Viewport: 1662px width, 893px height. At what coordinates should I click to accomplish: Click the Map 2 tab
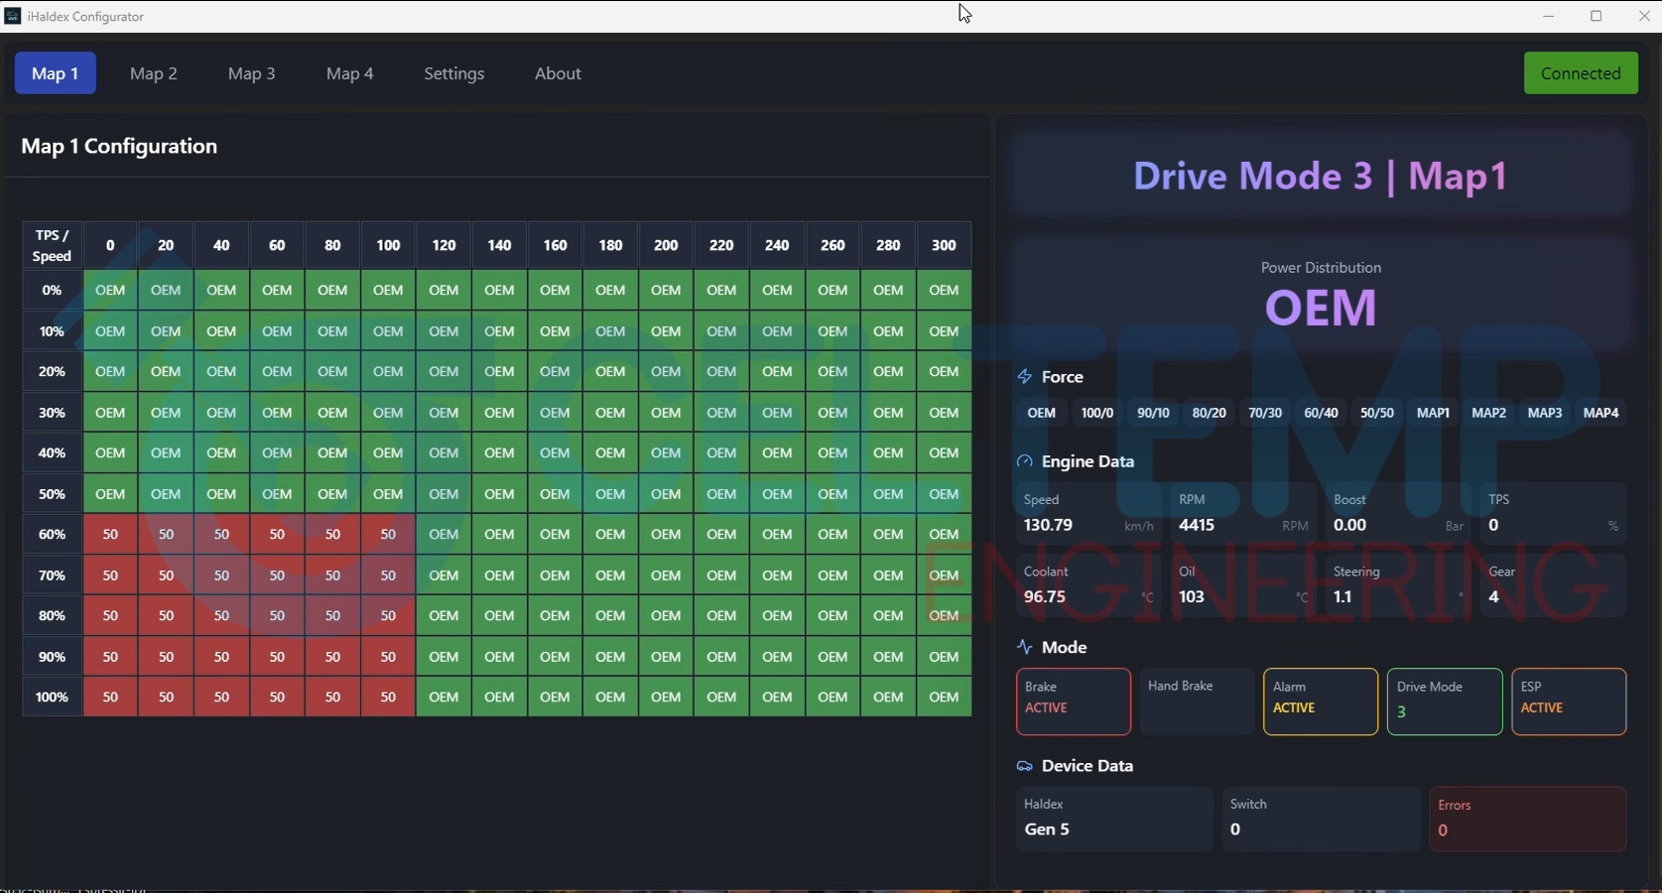[154, 73]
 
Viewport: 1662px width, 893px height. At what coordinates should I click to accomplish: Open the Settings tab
[454, 73]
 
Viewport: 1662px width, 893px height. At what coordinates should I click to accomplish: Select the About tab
[558, 73]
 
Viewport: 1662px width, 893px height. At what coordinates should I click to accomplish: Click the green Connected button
[1581, 72]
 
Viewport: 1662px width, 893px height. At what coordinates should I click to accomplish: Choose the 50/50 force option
[1376, 413]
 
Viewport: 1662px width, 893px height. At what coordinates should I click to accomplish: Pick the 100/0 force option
[1096, 413]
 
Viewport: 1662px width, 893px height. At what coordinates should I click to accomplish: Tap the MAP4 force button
[1600, 413]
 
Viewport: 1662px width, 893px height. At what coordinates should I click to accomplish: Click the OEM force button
[1041, 413]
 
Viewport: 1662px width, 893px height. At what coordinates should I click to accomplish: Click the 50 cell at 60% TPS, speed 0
[110, 535]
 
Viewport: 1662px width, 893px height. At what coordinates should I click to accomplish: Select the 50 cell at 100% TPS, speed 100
[388, 698]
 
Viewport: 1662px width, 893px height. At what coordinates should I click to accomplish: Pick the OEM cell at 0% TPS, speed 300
[944, 290]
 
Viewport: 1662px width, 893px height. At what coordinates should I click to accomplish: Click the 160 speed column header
[555, 245]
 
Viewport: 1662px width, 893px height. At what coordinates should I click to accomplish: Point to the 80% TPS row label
[52, 615]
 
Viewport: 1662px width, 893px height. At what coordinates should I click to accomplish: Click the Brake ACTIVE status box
[1073, 702]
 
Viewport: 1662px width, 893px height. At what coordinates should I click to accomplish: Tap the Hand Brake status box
[1197, 702]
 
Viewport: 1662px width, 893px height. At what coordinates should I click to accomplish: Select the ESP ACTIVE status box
[1569, 702]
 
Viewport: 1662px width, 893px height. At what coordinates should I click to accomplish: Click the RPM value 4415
[1197, 525]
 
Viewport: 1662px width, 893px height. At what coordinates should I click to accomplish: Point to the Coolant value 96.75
[1045, 597]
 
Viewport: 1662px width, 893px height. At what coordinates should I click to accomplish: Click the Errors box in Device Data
[1528, 819]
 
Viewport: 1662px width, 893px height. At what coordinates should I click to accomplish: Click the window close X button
[1643, 16]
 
